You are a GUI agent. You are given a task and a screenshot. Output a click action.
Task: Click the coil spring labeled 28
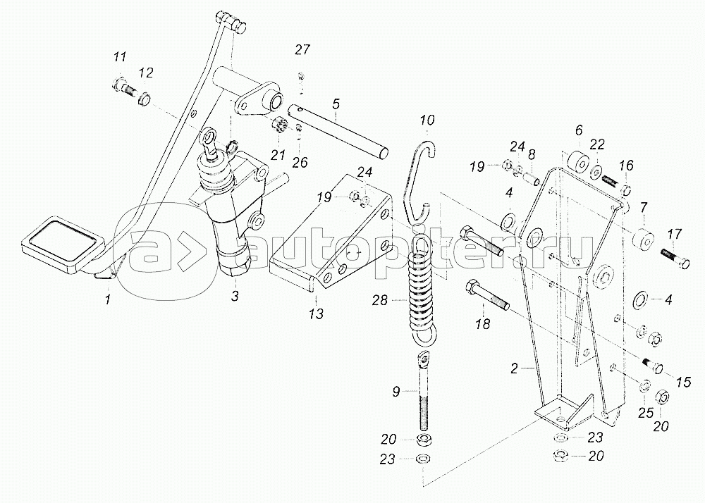422,289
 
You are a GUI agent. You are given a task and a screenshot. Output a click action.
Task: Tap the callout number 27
302,50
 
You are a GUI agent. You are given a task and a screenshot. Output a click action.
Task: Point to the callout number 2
515,368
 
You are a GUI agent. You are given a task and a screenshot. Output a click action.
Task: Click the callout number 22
598,144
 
